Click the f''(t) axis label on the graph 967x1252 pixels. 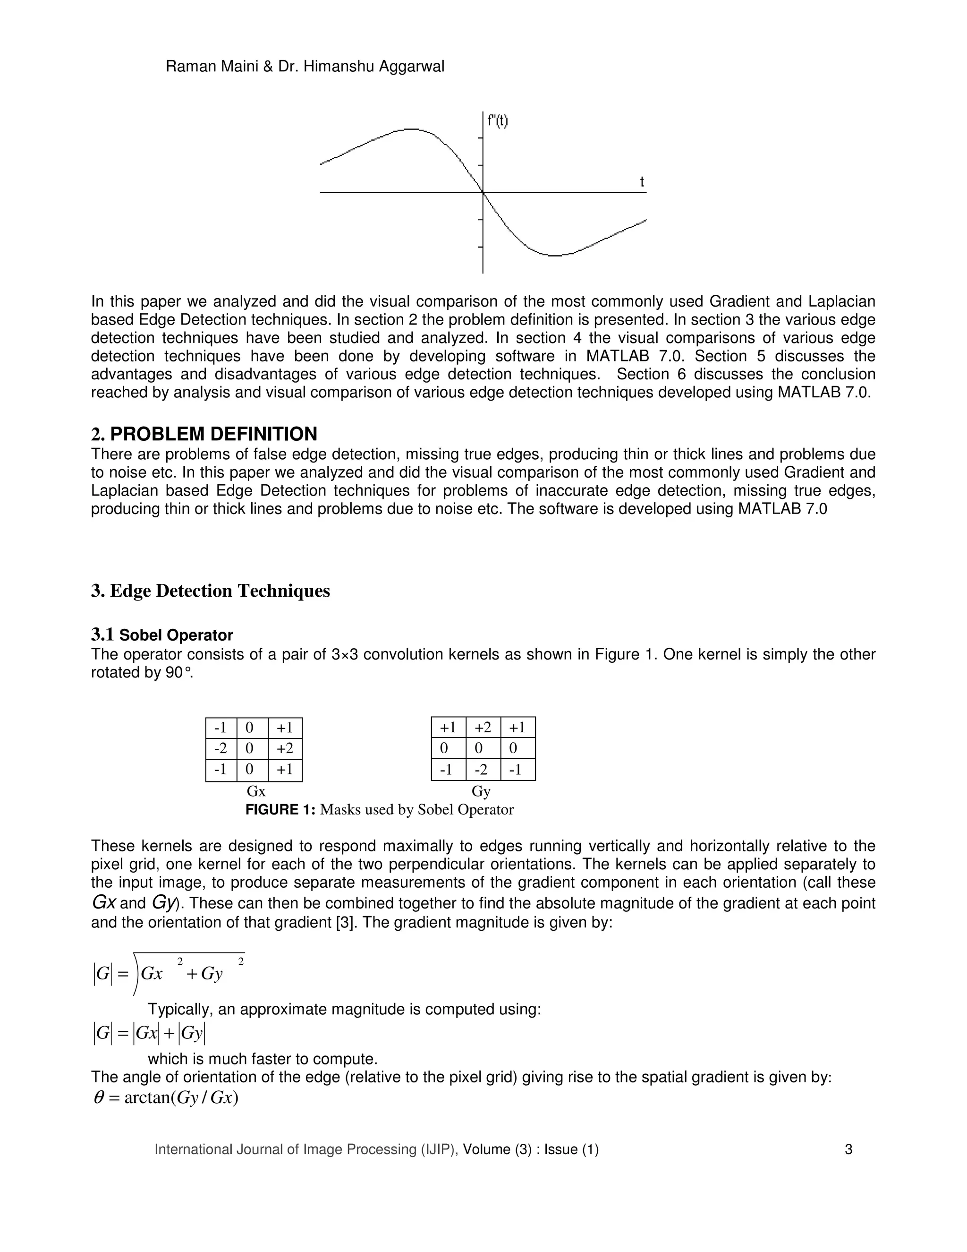(497, 121)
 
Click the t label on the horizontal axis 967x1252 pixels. (642, 182)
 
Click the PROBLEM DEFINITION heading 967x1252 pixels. (213, 434)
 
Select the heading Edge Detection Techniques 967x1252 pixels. (220, 591)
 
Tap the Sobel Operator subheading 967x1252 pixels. (176, 635)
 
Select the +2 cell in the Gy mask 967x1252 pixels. (483, 728)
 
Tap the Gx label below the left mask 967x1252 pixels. (255, 792)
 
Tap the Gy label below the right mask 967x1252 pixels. (481, 792)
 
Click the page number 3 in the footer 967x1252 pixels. (848, 1149)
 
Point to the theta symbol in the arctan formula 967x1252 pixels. (99, 1098)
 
